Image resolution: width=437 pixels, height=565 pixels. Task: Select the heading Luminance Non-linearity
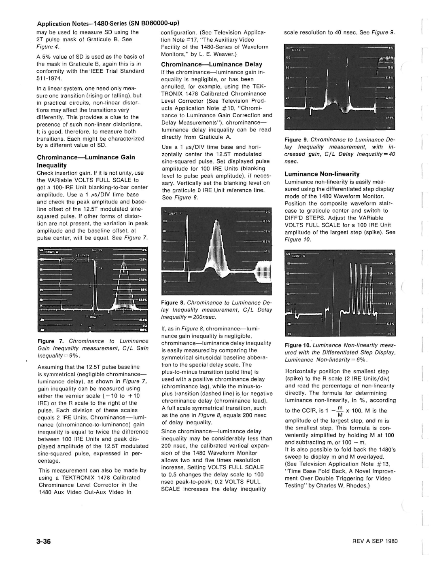click(322, 174)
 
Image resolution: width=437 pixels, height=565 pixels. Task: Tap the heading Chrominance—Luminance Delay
click(211, 64)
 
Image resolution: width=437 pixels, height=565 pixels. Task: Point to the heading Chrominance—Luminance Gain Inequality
click(86, 161)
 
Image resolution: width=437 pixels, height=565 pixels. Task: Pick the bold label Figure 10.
click(298, 345)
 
